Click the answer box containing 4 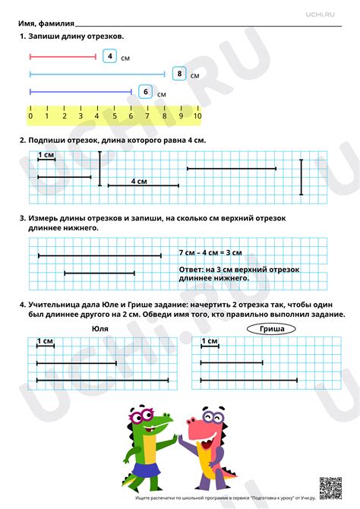110,57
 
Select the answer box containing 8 179,74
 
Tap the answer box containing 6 145,92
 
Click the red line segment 62,57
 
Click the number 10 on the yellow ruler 197,116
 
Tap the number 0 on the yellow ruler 30,116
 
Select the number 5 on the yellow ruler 114,116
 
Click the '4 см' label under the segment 138,182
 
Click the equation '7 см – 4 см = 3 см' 210,252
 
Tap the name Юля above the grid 99,329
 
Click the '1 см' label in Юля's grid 45,341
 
